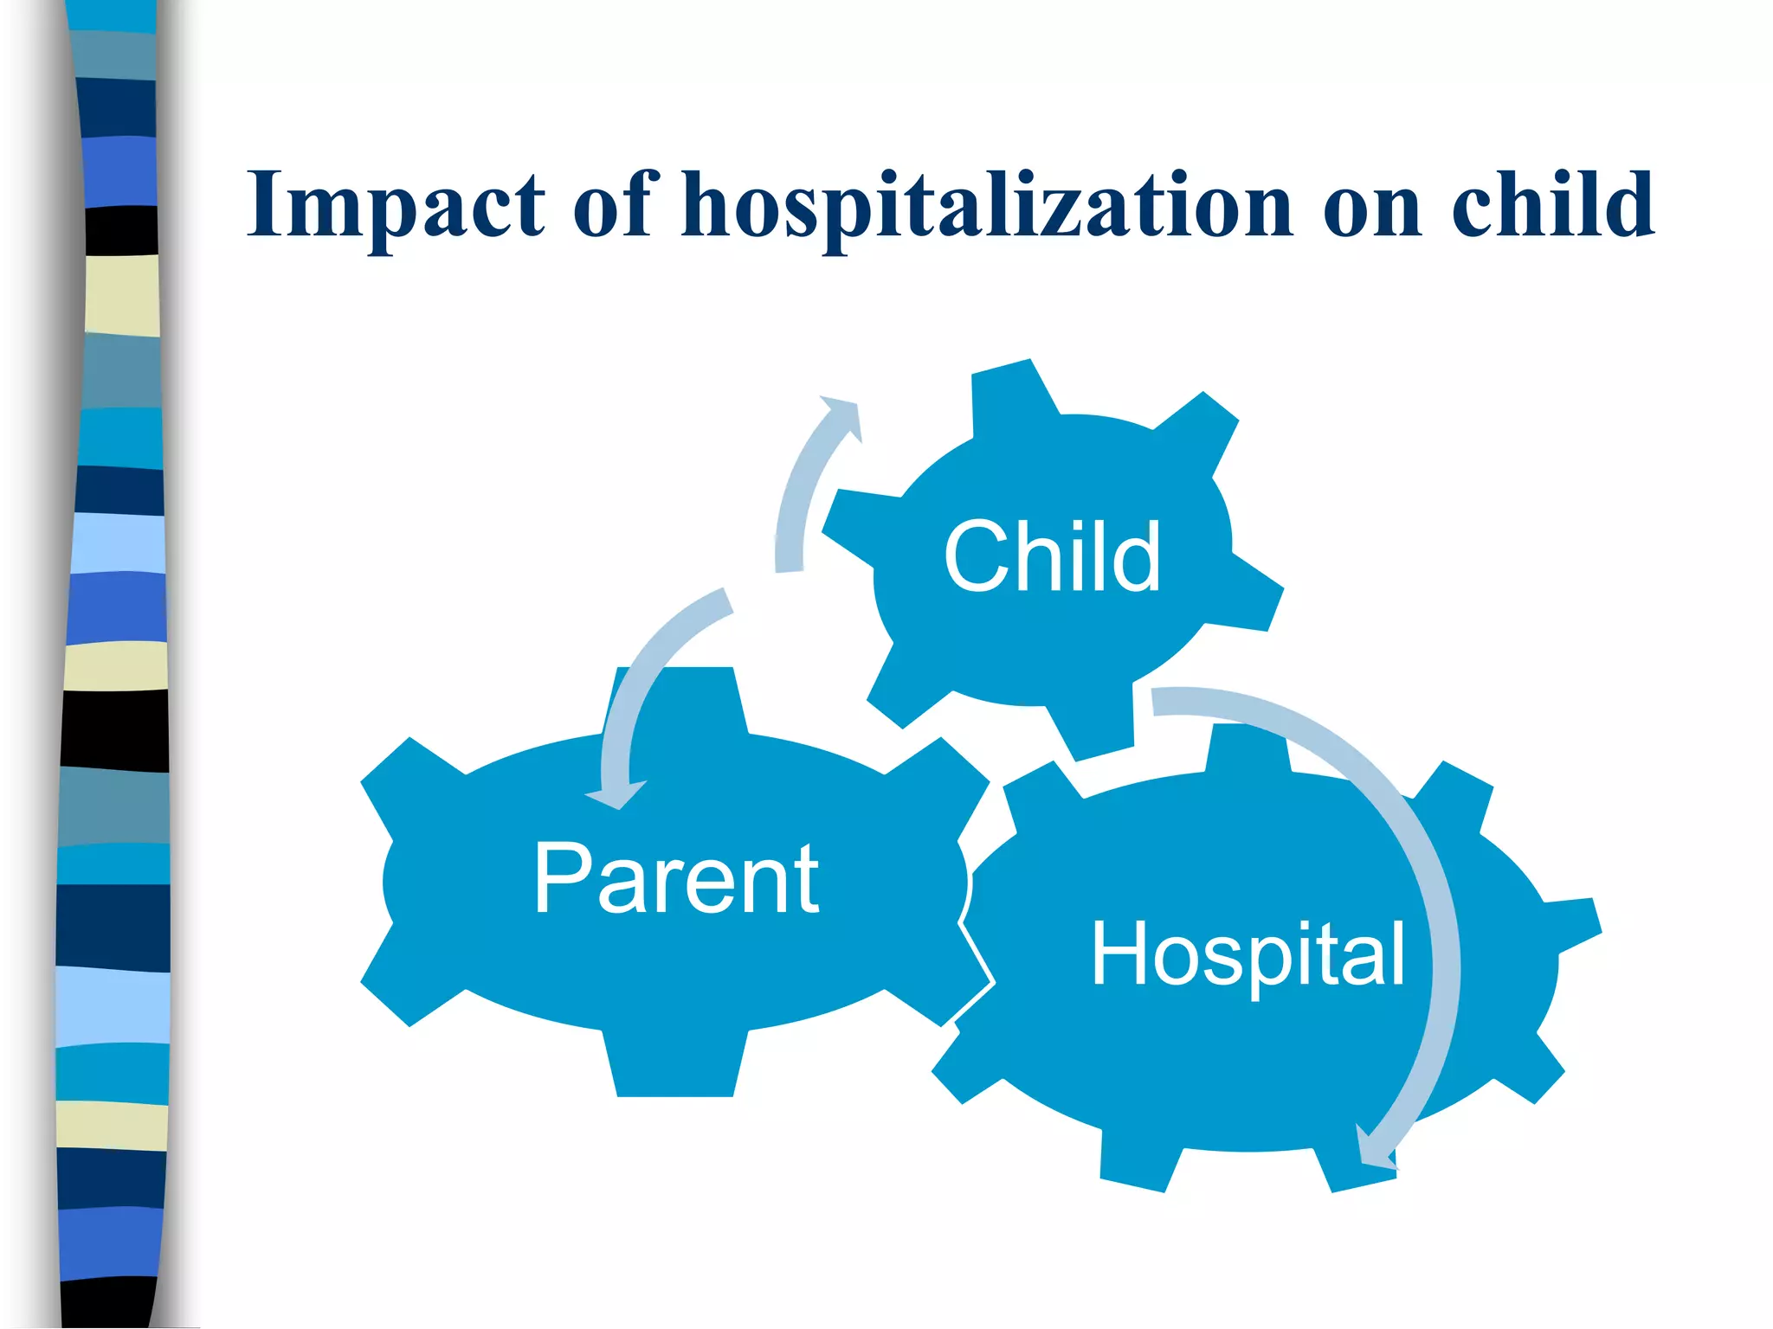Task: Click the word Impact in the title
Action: point(396,206)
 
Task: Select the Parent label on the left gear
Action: point(676,879)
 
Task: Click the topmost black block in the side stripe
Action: point(122,230)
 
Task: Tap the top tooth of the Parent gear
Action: point(675,697)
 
